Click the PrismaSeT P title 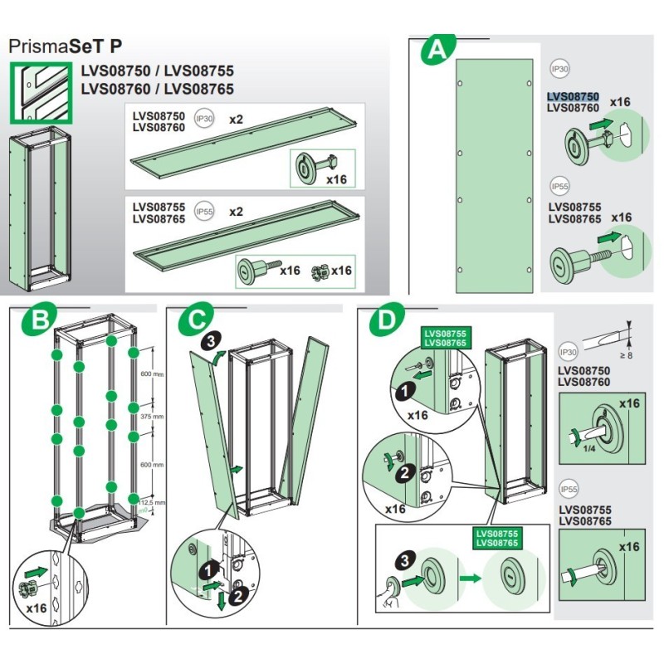tap(61, 46)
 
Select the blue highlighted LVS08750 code tap(573, 97)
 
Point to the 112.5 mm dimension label tap(154, 502)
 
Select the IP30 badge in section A tap(560, 71)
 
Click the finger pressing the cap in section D tap(392, 586)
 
